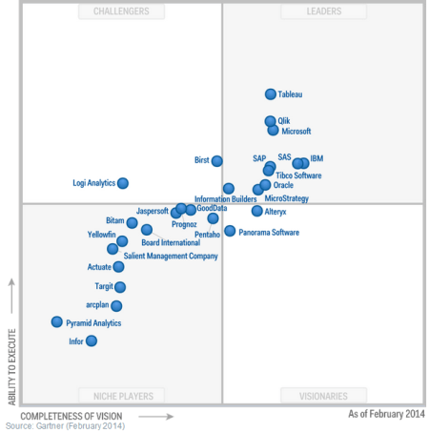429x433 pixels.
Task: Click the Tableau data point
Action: [271, 94]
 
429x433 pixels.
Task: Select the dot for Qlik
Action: [271, 121]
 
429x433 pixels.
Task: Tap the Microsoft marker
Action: [273, 130]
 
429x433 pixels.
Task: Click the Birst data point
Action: [217, 161]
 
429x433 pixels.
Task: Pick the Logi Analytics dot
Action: [123, 183]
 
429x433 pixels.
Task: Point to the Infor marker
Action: [92, 340]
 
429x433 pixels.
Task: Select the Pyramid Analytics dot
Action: [57, 322]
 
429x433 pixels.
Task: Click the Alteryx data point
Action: [256, 211]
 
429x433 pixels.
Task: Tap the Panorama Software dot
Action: [230, 231]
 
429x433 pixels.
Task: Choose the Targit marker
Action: [120, 286]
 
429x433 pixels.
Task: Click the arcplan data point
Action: [116, 306]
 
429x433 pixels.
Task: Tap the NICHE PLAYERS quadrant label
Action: [122, 396]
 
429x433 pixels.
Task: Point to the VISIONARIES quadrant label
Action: [310, 396]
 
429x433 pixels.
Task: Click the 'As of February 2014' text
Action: [386, 414]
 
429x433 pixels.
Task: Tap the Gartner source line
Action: [65, 426]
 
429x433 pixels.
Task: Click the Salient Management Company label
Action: [171, 256]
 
